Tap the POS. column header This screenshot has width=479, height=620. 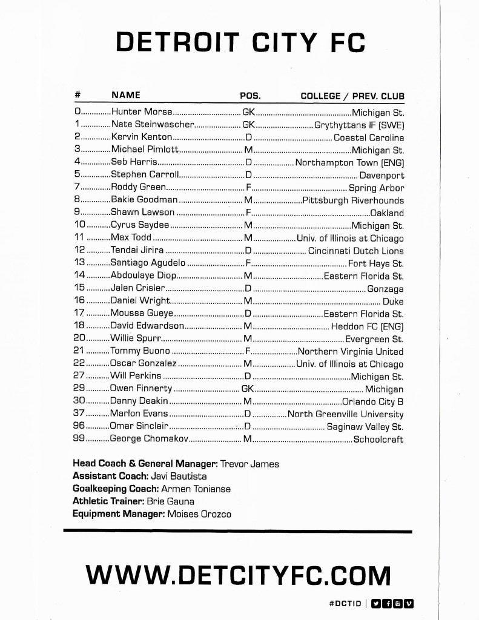[250, 96]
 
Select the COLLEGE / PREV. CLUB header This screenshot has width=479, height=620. [352, 96]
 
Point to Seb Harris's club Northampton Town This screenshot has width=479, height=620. [349, 162]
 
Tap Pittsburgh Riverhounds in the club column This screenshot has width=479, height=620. [353, 200]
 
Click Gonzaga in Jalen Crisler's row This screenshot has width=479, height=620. [385, 288]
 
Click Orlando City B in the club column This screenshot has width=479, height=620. [373, 401]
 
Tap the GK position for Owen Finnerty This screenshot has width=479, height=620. [248, 389]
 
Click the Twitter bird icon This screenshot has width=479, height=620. [375, 603]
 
